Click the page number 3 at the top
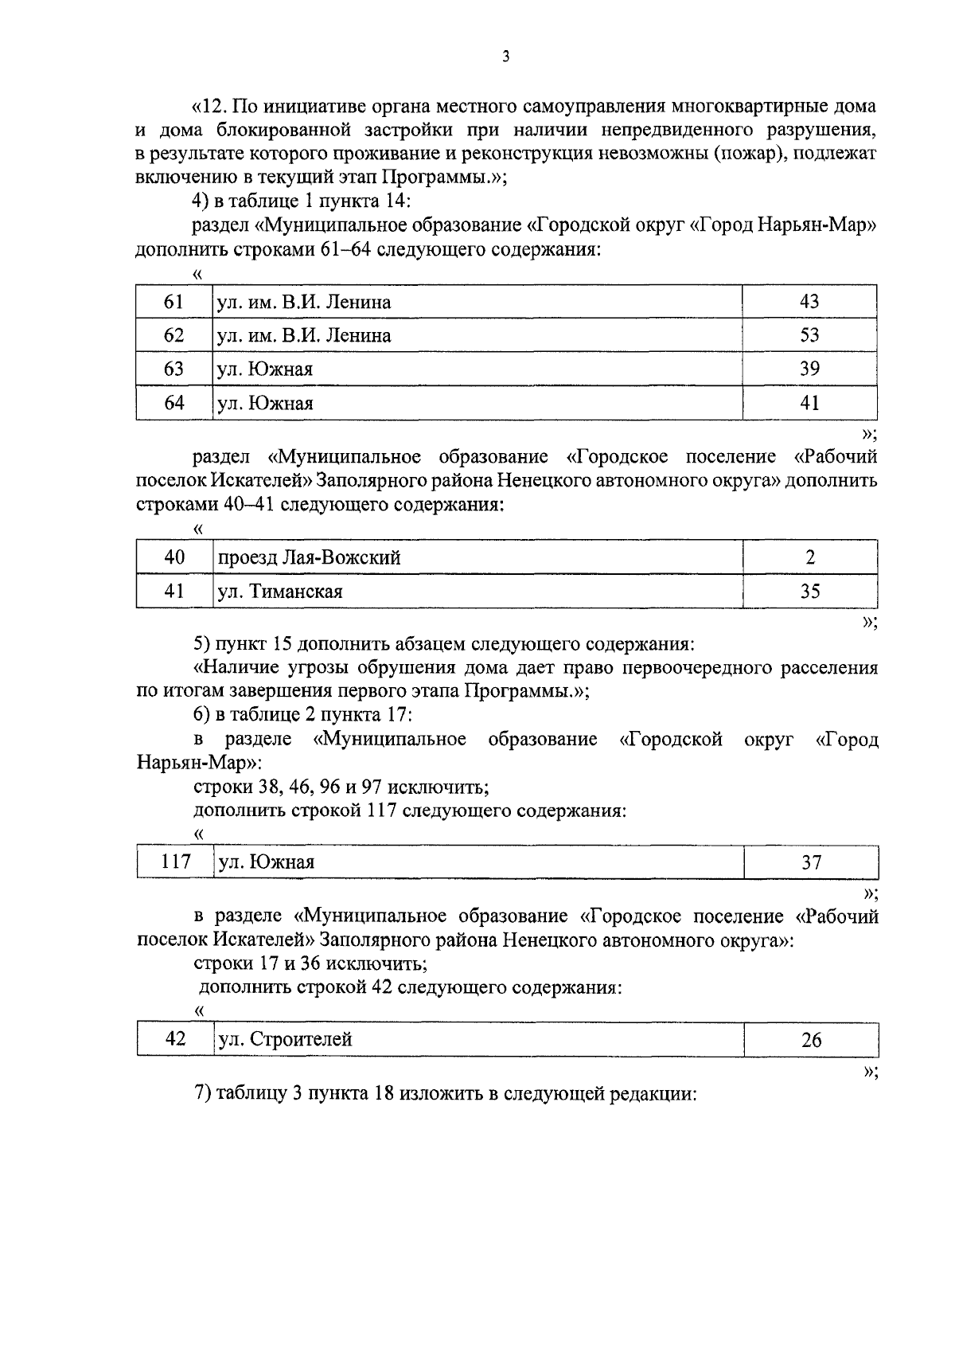click(506, 57)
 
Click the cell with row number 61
click(173, 303)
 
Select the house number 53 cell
click(809, 336)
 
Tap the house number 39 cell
click(809, 369)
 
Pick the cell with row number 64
click(173, 404)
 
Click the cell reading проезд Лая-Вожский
click(477, 558)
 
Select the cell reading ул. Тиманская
click(477, 592)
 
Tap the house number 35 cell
click(810, 592)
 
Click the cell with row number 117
click(174, 862)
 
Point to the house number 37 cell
click(810, 862)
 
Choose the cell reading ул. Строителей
click(477, 1040)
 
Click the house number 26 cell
click(810, 1040)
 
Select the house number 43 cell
click(809, 303)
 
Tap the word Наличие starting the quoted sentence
click(237, 667)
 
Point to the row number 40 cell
click(173, 558)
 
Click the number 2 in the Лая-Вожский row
click(810, 558)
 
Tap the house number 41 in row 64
click(809, 404)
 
